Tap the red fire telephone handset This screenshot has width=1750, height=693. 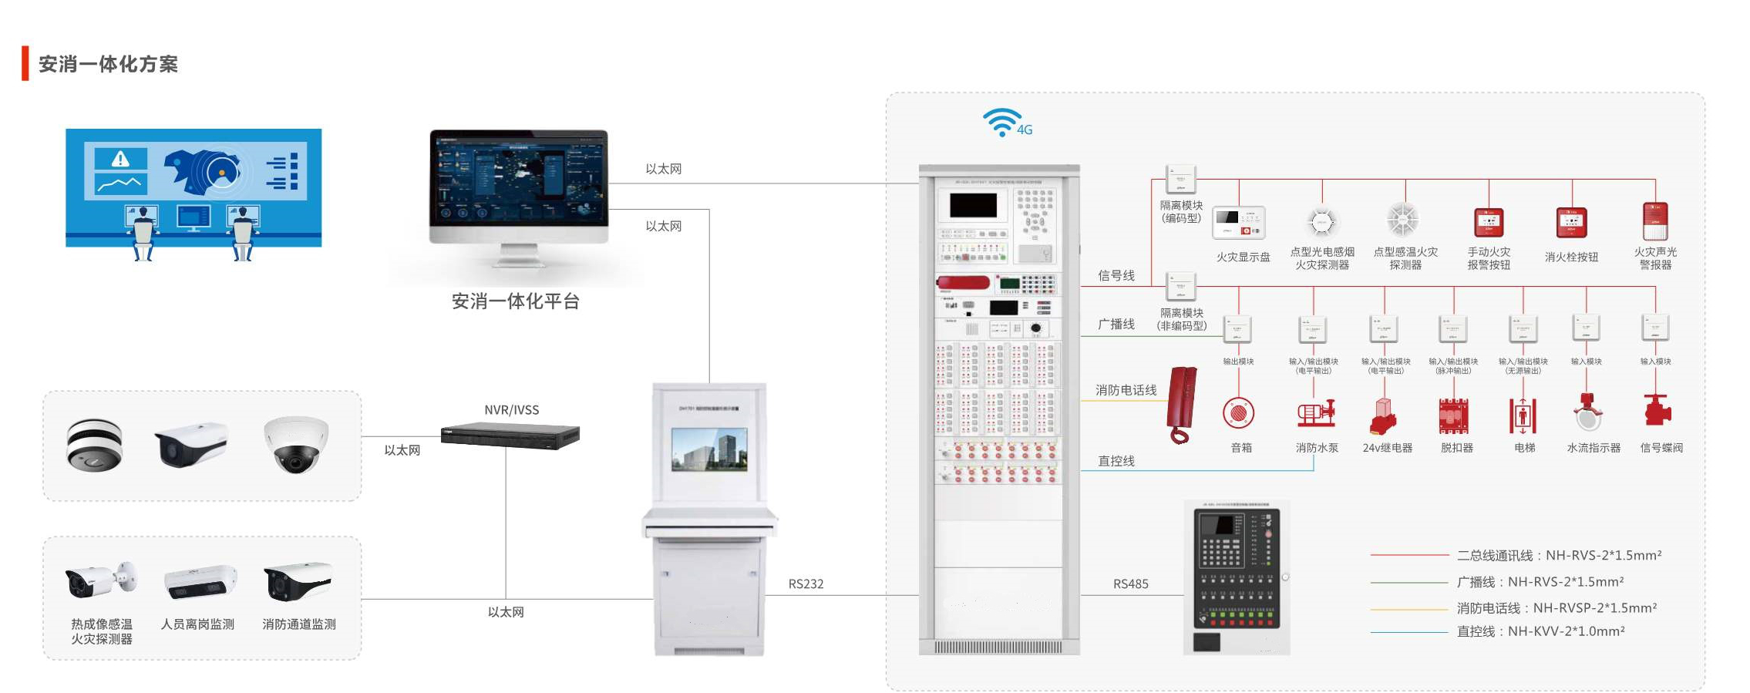point(1182,404)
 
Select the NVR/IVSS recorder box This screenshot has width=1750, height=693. point(510,436)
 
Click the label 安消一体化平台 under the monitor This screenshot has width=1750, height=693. point(515,301)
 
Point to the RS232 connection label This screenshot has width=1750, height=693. point(806,584)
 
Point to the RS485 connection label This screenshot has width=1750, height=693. point(1130,584)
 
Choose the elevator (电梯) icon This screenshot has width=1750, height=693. point(1523,415)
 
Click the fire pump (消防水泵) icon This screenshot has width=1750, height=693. point(1316,414)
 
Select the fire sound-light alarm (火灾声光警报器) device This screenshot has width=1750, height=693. point(1655,221)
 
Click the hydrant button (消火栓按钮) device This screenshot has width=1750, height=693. point(1571,223)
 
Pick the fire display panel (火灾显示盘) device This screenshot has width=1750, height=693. point(1238,223)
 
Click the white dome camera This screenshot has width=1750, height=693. point(296,444)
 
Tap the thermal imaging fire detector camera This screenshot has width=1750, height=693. point(100,580)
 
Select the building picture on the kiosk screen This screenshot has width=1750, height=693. point(708,449)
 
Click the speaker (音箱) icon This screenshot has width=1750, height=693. point(1238,413)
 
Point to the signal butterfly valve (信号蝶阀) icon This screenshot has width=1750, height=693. point(1657,411)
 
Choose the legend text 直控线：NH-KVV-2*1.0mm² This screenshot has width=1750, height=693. point(1540,631)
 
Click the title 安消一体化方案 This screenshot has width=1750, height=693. point(108,64)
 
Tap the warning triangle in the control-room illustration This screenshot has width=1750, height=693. point(120,159)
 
